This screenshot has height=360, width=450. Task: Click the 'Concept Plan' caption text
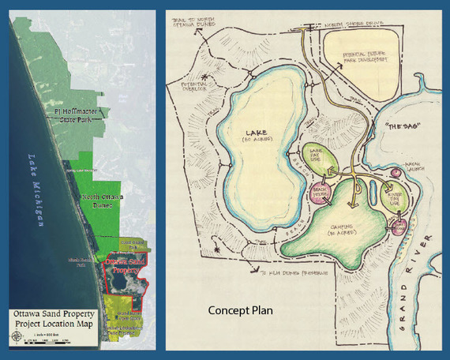click(x=241, y=309)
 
